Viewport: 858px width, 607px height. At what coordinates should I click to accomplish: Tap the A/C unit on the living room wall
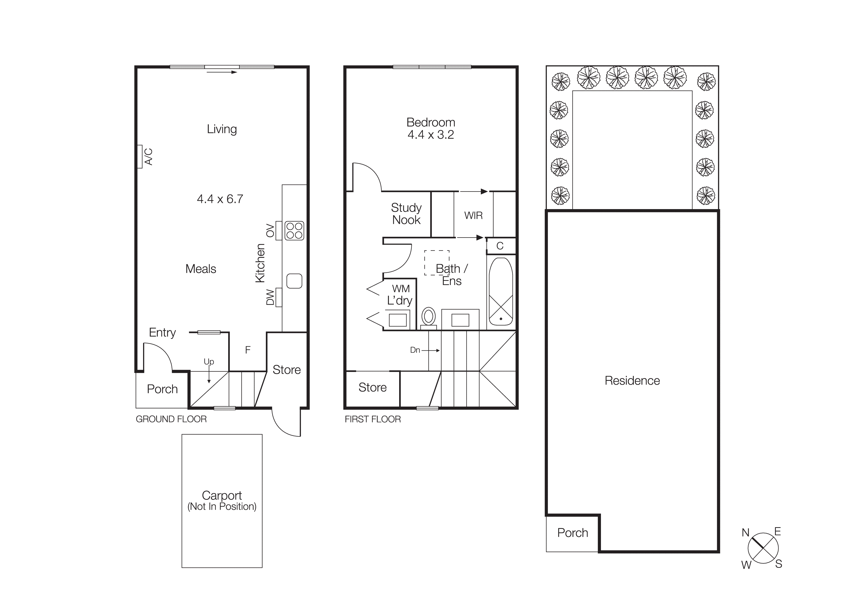point(140,157)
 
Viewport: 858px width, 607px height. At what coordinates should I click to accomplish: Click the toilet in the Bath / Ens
point(429,317)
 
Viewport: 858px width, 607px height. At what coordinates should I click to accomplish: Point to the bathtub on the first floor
point(501,291)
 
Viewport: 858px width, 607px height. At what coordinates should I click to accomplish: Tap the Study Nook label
point(406,214)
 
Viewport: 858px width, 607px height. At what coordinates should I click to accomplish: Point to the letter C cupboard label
point(500,246)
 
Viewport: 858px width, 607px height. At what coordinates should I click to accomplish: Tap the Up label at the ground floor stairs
point(209,362)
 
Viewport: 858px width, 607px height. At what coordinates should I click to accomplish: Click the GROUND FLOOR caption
point(171,419)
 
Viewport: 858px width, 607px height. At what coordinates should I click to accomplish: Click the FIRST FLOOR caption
point(373,419)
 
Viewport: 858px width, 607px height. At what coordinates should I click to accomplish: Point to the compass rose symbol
point(763,548)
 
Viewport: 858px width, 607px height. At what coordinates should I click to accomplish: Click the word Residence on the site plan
point(632,381)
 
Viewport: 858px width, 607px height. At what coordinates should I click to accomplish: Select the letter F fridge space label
point(247,350)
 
